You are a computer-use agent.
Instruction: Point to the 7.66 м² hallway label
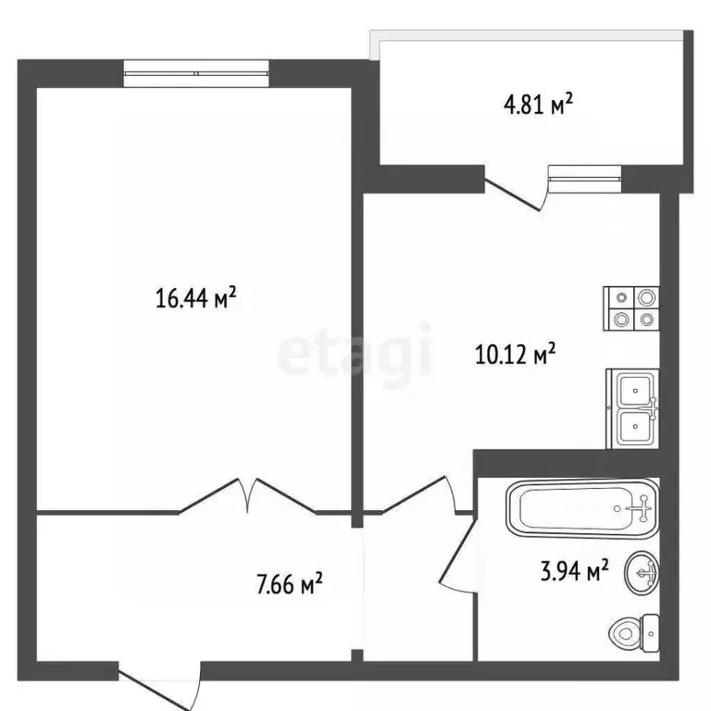point(289,583)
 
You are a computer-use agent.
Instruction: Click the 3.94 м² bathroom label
point(574,571)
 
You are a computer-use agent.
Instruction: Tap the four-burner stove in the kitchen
point(633,309)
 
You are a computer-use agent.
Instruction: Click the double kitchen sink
point(633,409)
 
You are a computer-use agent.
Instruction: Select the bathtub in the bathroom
point(582,507)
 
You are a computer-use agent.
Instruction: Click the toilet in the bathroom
point(634,632)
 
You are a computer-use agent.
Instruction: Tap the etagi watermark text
point(355,353)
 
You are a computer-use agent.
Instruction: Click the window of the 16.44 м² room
point(197,72)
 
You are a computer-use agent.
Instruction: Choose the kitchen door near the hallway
point(417,495)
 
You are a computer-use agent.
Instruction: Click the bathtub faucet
point(640,507)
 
